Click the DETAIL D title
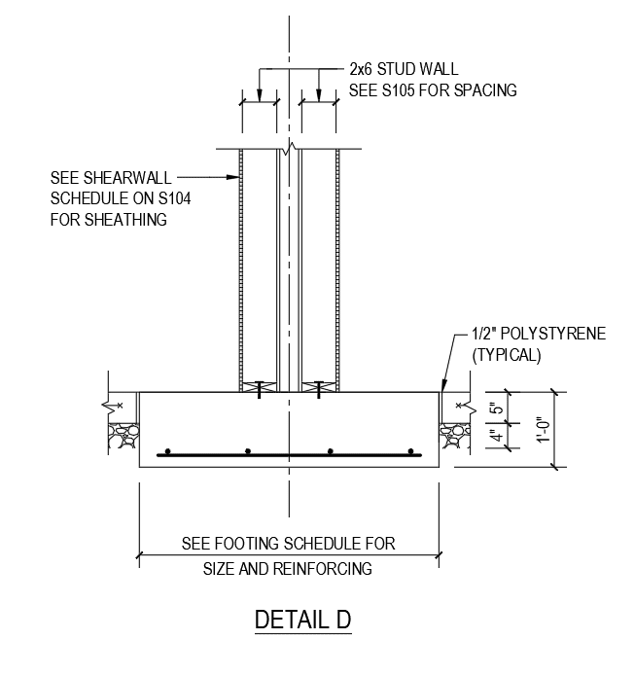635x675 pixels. (301, 620)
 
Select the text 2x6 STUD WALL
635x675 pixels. (404, 70)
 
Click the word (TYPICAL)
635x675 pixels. (505, 355)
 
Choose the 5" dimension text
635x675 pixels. (494, 409)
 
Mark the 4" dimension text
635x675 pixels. (494, 437)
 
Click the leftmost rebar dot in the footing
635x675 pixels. (167, 451)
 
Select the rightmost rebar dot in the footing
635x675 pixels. (412, 451)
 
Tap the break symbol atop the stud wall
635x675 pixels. (288, 151)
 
